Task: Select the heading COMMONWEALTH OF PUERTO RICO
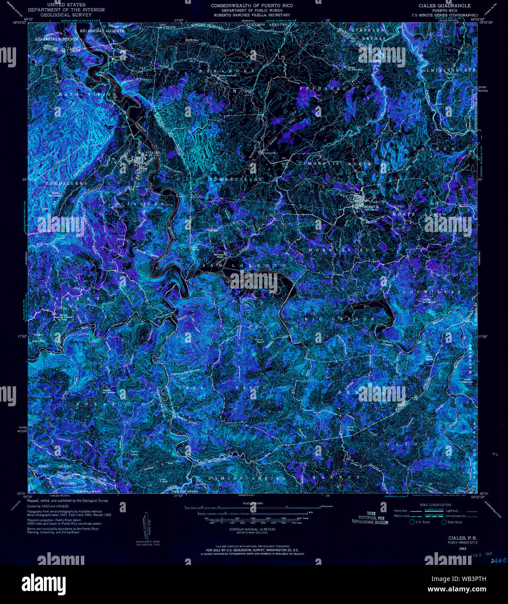point(252,6)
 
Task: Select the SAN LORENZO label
point(244,265)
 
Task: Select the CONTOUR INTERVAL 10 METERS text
point(252,530)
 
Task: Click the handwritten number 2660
point(498,561)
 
